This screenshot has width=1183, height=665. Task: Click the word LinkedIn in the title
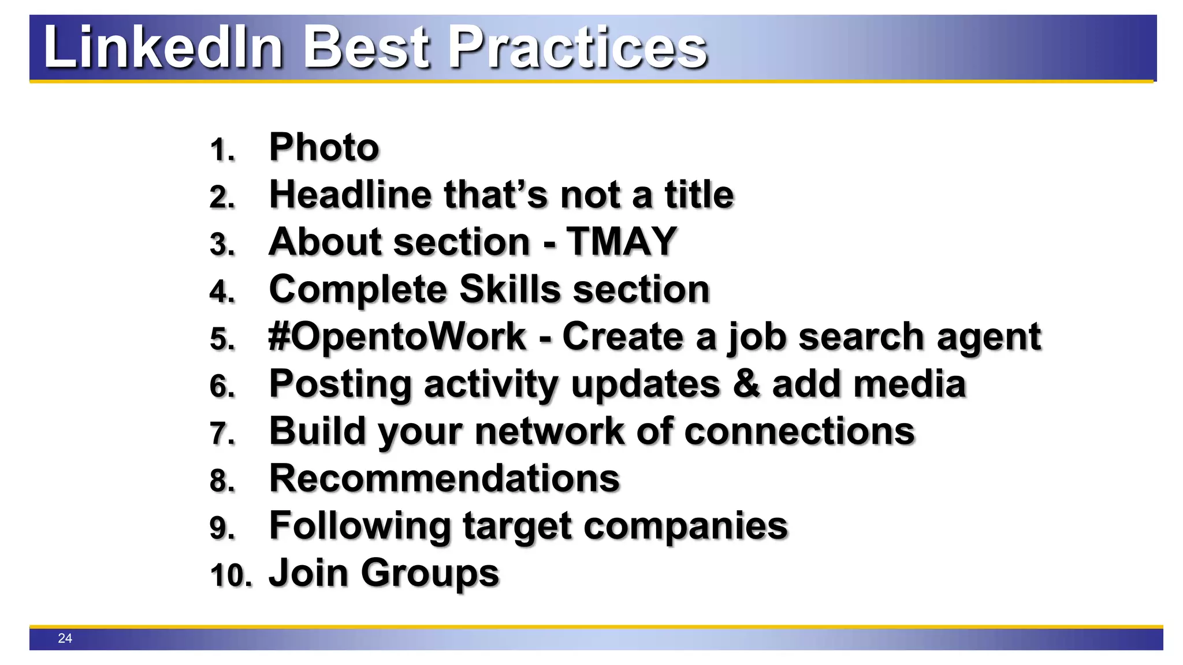(163, 47)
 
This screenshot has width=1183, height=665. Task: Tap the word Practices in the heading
(578, 47)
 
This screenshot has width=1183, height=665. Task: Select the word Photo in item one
(324, 147)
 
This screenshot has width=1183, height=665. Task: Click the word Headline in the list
(350, 195)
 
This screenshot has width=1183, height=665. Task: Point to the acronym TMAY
(621, 241)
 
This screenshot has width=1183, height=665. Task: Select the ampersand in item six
(746, 384)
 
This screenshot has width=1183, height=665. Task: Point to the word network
(549, 431)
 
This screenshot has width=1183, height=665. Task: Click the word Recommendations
(444, 479)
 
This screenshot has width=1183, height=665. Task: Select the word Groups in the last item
(430, 574)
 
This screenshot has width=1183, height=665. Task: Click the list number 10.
(230, 576)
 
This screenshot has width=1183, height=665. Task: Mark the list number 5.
(222, 339)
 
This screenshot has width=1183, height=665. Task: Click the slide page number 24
(65, 638)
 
